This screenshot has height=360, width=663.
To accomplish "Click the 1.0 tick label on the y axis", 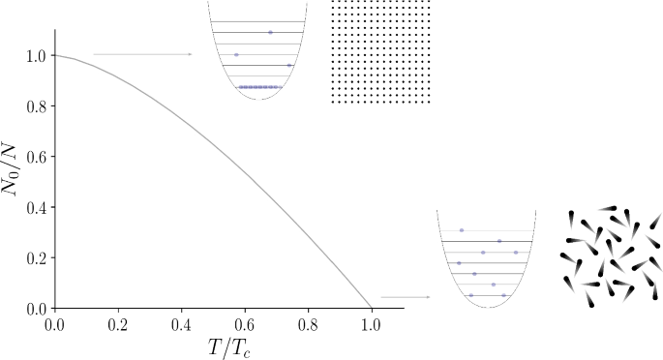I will click(x=35, y=56).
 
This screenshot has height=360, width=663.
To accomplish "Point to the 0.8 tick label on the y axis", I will click(x=35, y=106).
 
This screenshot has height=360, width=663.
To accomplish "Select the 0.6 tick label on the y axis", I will click(x=35, y=157).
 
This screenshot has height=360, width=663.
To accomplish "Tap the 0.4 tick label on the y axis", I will click(x=35, y=207).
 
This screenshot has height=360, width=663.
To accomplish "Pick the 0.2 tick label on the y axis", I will click(x=35, y=257).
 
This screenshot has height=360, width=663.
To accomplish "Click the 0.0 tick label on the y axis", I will click(x=35, y=308).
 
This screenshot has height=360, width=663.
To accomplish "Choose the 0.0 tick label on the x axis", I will click(x=54, y=323).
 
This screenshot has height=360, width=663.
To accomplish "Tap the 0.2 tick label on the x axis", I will click(x=117, y=323).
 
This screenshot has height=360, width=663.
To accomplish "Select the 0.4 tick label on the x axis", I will click(x=181, y=323).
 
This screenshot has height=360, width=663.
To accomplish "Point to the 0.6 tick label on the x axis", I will click(x=244, y=323).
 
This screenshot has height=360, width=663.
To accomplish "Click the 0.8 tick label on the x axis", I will click(x=308, y=323).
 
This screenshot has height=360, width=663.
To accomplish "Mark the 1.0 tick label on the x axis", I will click(x=371, y=323).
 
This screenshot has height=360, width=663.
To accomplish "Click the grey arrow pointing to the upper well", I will click(x=142, y=55).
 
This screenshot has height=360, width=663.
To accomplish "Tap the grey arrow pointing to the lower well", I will click(x=405, y=297).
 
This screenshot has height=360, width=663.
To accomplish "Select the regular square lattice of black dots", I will click(x=380, y=50).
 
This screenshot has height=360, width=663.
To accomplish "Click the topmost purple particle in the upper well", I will click(x=270, y=33).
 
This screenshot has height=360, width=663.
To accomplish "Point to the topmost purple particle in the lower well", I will click(x=462, y=230).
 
